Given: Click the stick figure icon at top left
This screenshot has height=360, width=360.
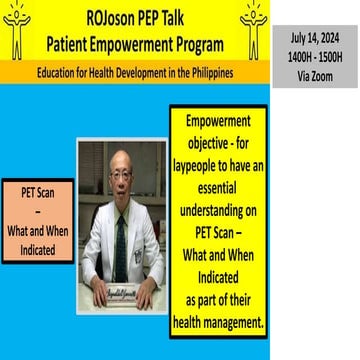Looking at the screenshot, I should click(x=17, y=29).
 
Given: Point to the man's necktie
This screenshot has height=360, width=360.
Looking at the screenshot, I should click(x=121, y=245).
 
